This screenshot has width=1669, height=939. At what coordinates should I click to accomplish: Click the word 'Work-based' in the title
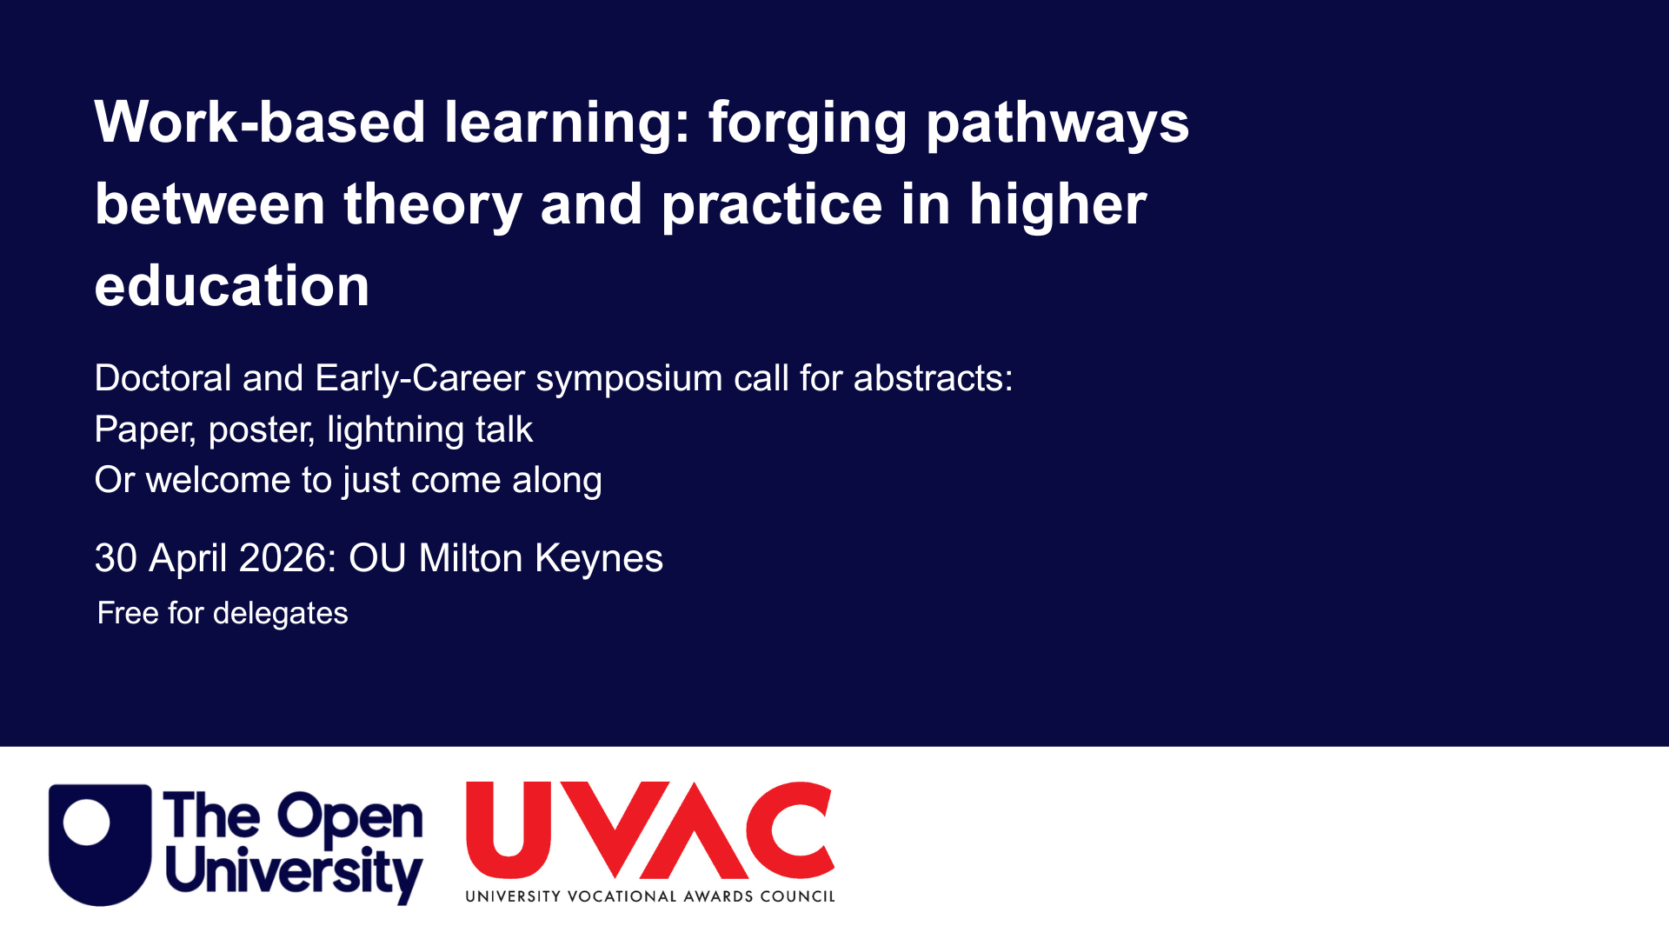260,122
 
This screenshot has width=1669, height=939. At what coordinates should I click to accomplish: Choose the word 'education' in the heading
232,285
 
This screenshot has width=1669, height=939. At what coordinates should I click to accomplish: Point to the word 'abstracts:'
933,378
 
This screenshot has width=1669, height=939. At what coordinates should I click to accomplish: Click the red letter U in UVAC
509,829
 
